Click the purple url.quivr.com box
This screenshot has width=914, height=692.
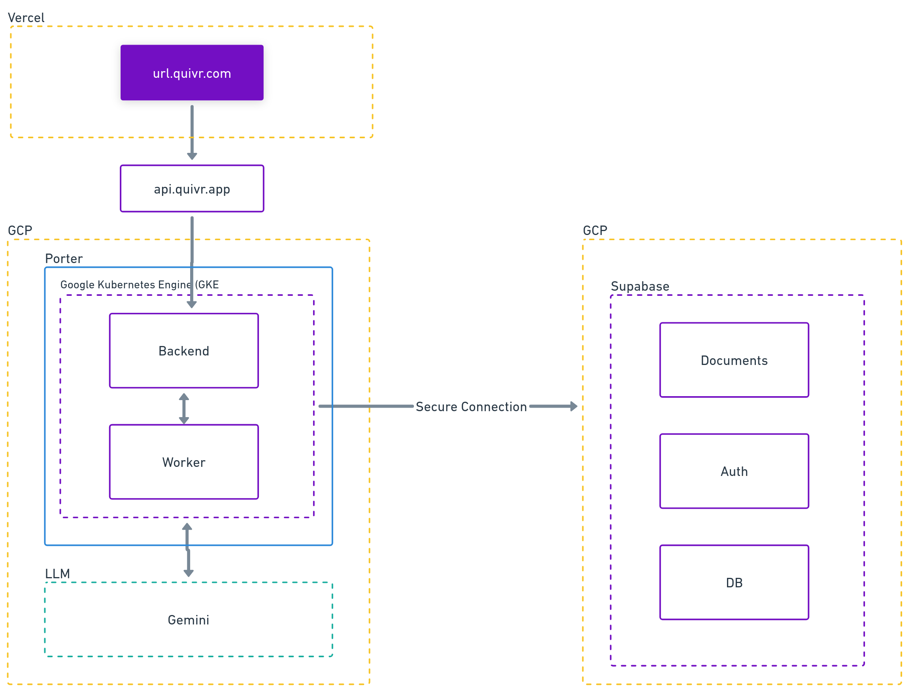192,73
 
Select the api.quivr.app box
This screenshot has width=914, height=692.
192,189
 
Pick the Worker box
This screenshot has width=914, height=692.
184,462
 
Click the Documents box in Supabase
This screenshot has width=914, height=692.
734,360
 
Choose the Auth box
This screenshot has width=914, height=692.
734,471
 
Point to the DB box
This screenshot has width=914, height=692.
734,583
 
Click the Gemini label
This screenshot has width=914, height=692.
189,620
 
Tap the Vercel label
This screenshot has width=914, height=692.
26,18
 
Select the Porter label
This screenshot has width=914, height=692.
64,258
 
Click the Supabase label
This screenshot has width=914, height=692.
640,286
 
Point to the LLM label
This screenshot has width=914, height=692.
57,574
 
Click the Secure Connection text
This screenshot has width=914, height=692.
471,407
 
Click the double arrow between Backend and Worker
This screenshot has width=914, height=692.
184,408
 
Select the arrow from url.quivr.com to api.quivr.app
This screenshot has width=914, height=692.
192,132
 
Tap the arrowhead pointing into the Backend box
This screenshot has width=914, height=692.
192,305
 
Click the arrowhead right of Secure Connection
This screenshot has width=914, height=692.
574,406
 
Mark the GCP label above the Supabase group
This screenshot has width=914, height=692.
595,230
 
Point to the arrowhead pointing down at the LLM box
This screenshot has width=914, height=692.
189,573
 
